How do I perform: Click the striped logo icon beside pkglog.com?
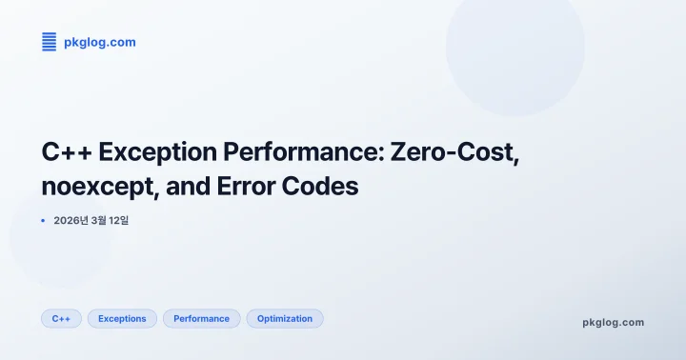point(49,41)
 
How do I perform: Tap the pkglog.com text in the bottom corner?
point(613,322)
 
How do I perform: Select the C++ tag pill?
point(61,318)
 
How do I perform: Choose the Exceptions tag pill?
point(122,318)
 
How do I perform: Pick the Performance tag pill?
point(201,318)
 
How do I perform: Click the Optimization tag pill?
point(285,318)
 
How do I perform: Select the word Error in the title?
point(246,187)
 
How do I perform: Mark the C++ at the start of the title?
point(65,152)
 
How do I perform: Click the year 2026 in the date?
point(70,220)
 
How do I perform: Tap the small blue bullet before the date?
point(44,220)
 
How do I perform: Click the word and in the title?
point(187,187)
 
